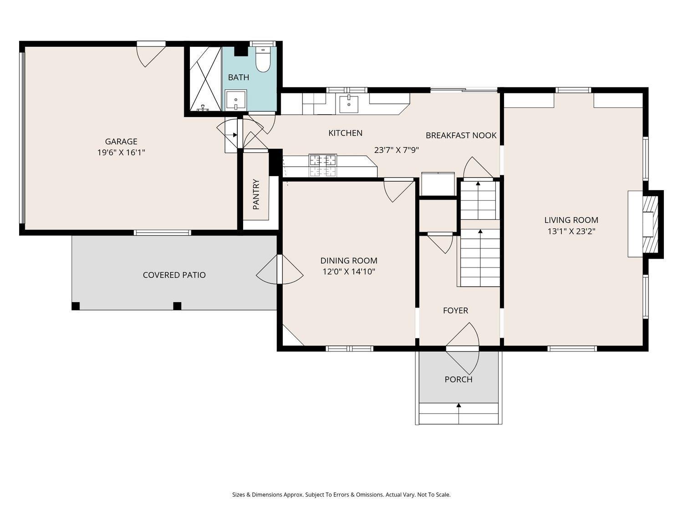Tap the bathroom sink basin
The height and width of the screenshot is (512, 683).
236,100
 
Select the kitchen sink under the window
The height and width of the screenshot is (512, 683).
348,104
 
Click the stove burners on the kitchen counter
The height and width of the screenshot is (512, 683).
323,165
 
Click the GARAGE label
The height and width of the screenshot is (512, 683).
121,142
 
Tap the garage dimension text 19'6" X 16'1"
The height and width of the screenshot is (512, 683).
121,152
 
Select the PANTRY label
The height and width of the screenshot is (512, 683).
256,194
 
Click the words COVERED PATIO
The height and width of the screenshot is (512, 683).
174,275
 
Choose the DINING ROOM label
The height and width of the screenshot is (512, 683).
349,260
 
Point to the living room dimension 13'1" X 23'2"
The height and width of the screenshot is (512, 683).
571,231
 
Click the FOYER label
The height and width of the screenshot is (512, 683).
455,310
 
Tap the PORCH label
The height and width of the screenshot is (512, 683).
459,379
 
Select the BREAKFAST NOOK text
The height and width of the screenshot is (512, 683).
461,135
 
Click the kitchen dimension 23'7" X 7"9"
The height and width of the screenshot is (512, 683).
397,150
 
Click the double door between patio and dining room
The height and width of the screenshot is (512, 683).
280,269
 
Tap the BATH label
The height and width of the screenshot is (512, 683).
239,77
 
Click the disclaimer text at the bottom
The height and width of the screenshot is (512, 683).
341,495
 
